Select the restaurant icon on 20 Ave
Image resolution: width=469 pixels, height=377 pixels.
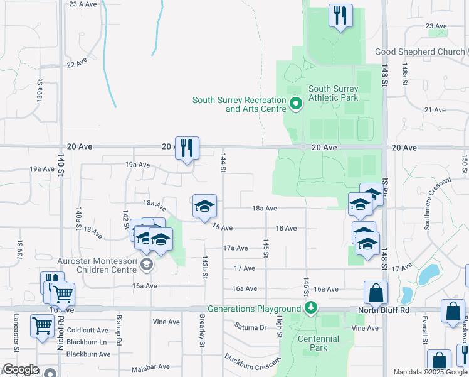[x=187, y=148]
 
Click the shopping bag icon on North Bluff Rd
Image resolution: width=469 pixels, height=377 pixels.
[x=376, y=292]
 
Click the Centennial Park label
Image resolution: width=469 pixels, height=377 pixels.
[x=319, y=343]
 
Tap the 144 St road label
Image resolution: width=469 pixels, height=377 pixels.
[x=222, y=163]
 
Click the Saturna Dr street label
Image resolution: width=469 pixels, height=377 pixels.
[x=250, y=327]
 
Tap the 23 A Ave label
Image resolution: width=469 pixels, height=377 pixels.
[x=83, y=4]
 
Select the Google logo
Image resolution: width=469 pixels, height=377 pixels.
[x=21, y=369]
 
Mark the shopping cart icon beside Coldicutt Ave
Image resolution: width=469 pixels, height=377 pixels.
[x=42, y=326]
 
